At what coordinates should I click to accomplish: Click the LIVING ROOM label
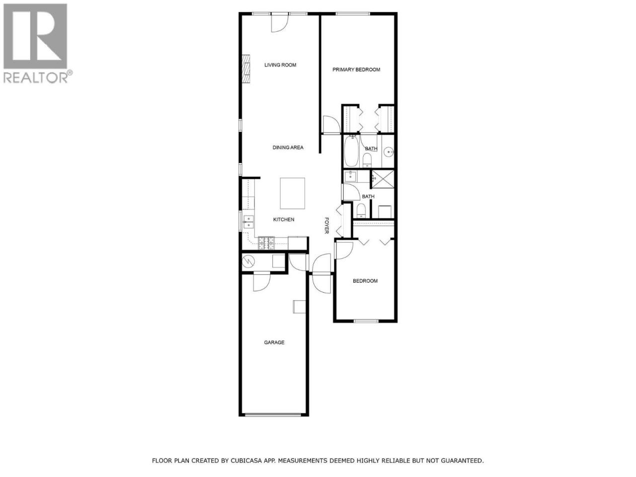point(280,65)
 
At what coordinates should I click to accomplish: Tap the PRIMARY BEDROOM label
point(356,70)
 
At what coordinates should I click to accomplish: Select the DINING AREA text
point(288,148)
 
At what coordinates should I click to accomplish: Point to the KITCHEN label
point(284,220)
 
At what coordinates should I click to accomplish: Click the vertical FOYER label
point(326,225)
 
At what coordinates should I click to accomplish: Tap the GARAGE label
point(274,342)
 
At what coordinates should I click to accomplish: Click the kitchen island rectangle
point(292,193)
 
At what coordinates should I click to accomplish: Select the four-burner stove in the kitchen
point(266,243)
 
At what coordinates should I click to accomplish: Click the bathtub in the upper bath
point(351,151)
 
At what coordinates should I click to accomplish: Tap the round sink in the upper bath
point(389,152)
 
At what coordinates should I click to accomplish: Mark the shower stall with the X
point(383,179)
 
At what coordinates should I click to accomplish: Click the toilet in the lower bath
point(361,211)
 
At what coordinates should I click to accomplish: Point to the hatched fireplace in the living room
point(246,69)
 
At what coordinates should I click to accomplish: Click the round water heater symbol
point(248,262)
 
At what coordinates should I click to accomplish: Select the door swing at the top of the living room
point(280,23)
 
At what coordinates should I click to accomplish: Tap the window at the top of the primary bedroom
point(353,13)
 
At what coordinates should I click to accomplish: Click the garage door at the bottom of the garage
point(273,415)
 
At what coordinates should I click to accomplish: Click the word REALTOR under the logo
point(36,78)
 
